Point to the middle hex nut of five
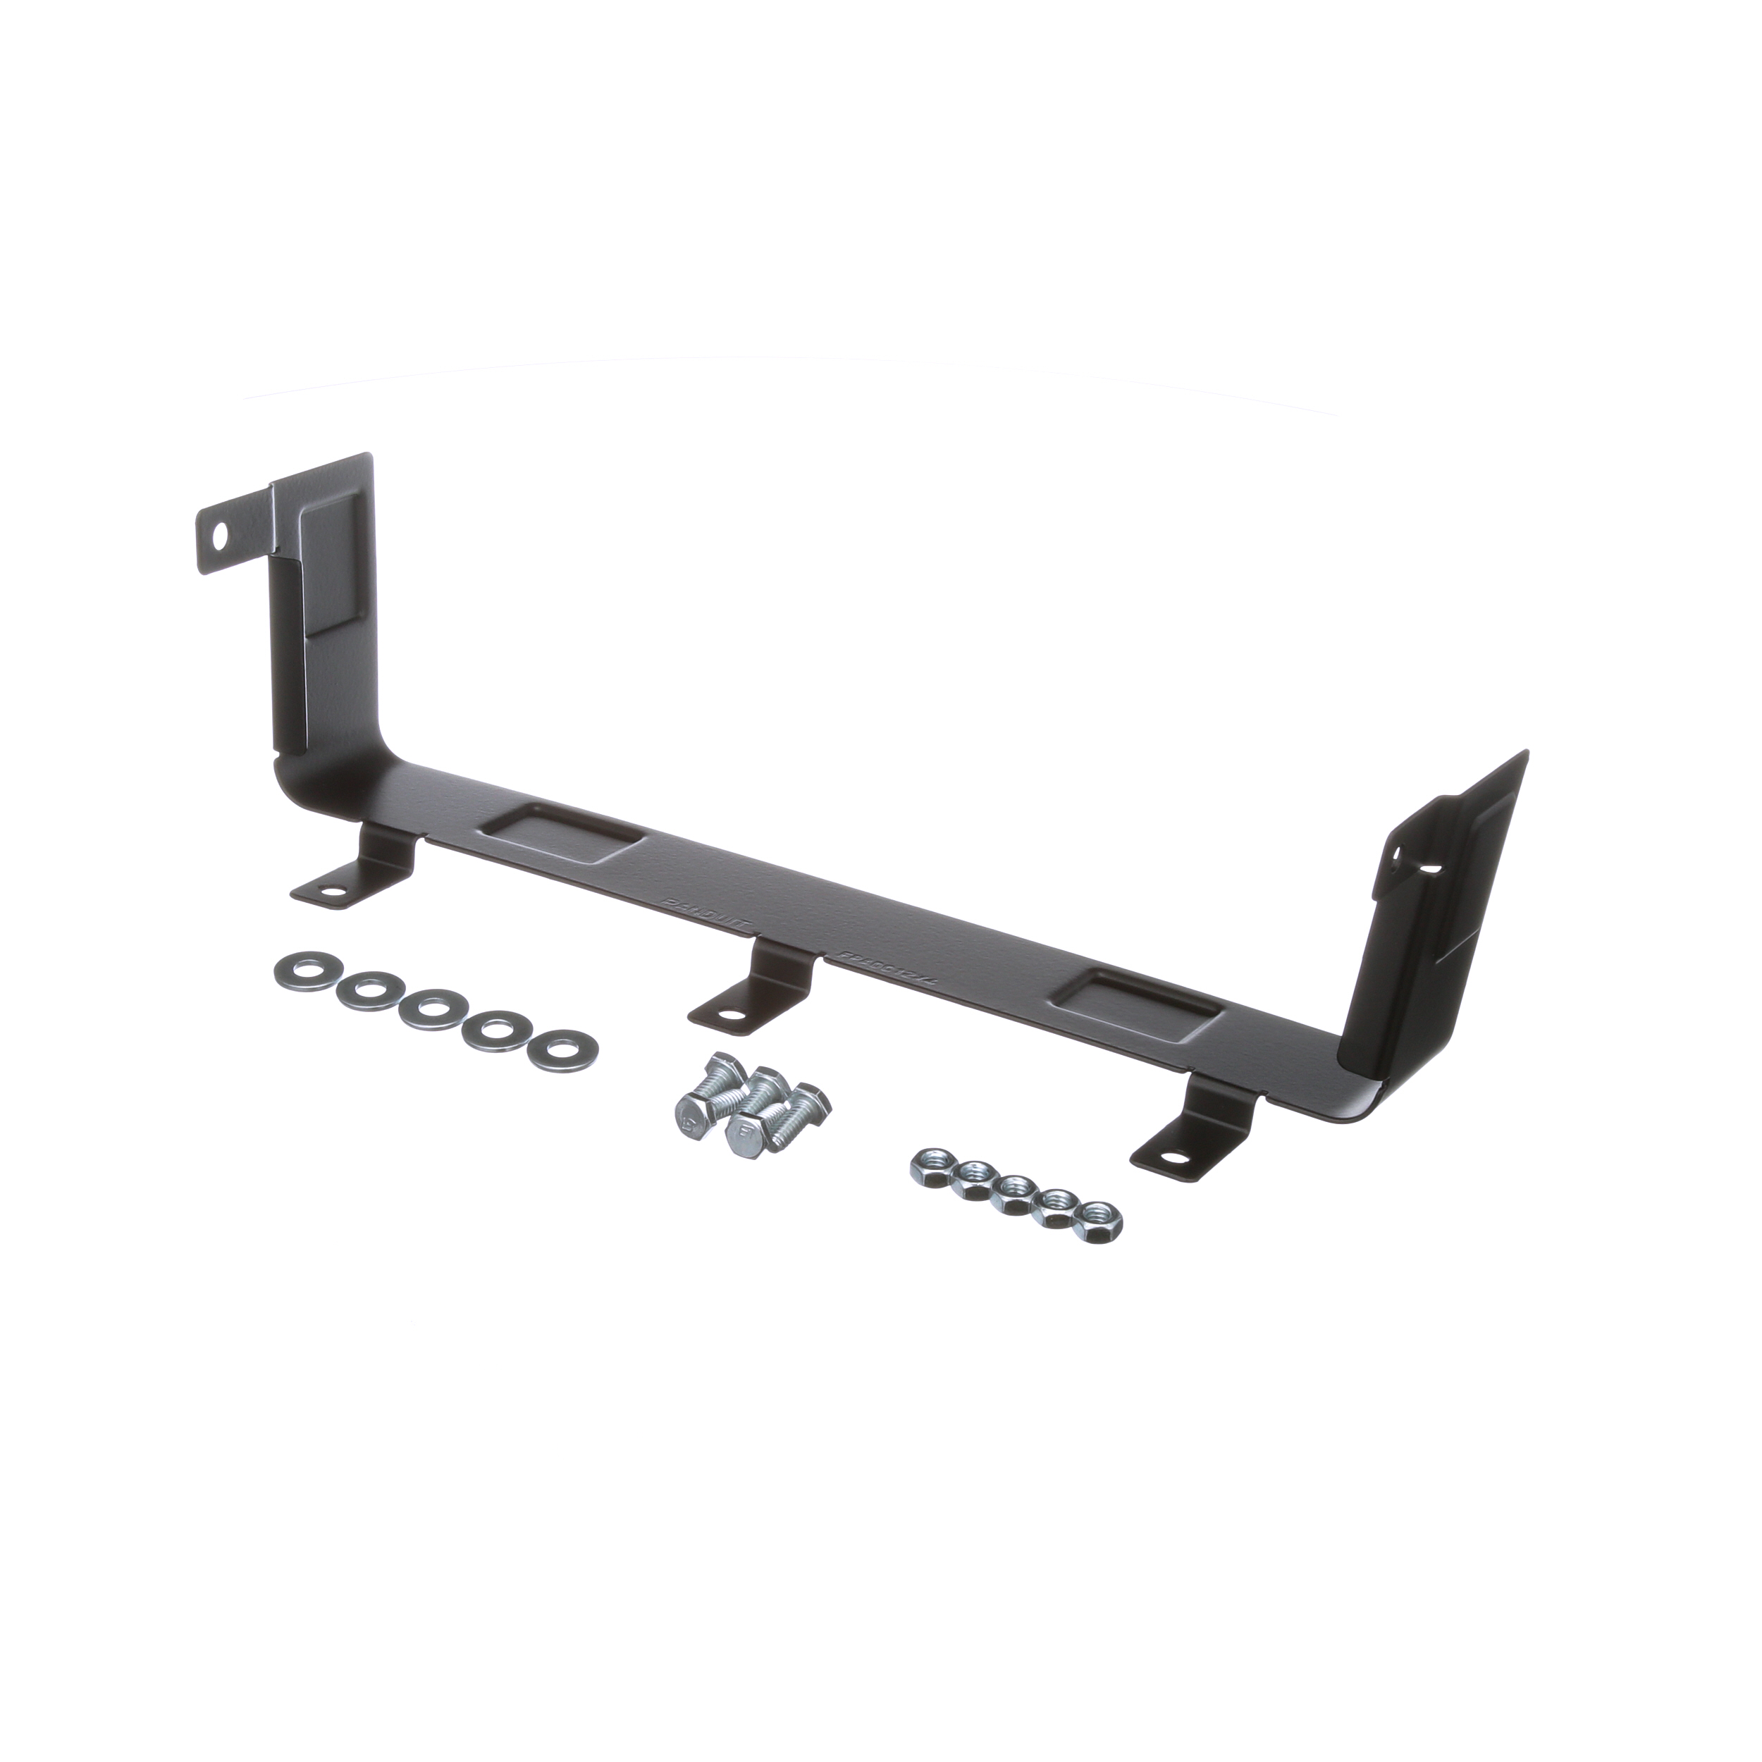(1014, 1189)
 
